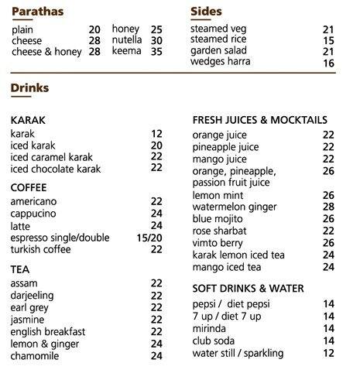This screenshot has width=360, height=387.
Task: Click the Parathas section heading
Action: click(x=37, y=12)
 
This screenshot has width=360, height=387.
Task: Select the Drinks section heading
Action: click(x=29, y=87)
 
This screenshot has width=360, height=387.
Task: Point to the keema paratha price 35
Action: click(x=156, y=52)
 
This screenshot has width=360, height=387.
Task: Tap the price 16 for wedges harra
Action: click(x=328, y=63)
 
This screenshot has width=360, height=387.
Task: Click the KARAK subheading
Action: click(x=29, y=121)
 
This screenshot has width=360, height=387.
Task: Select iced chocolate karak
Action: click(x=56, y=168)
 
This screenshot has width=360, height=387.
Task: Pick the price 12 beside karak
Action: click(x=156, y=133)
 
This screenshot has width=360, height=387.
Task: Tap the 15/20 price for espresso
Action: click(x=149, y=238)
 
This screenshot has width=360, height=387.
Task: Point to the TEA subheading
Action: click(x=20, y=269)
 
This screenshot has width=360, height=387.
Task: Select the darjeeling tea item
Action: click(x=34, y=296)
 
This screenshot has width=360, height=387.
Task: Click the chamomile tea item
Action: click(x=36, y=356)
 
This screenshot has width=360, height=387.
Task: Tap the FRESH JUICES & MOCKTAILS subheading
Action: click(x=259, y=121)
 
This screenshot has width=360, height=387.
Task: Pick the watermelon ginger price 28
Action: click(x=328, y=207)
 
